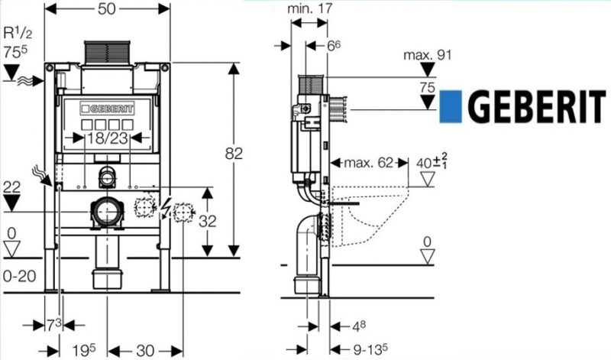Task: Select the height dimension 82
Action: click(235, 153)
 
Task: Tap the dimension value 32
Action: click(218, 221)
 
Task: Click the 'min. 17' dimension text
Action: click(311, 9)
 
